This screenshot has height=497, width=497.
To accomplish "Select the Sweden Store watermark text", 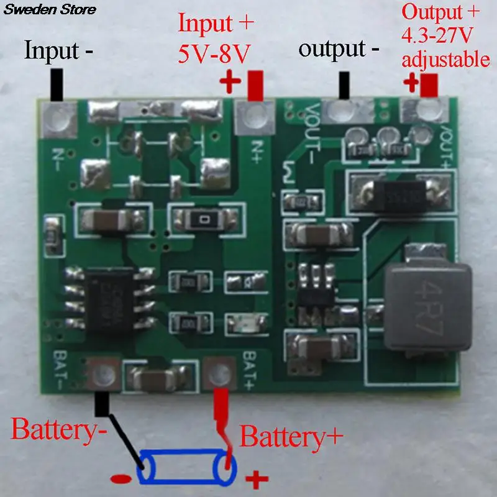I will (48, 9).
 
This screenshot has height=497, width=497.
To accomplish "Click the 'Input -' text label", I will (59, 50).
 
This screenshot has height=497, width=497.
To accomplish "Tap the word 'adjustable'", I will (445, 60).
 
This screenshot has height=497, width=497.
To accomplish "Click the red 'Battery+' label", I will (291, 437).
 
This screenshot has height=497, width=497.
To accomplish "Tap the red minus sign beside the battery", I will (120, 479).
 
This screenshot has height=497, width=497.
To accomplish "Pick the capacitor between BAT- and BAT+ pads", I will (162, 376).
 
